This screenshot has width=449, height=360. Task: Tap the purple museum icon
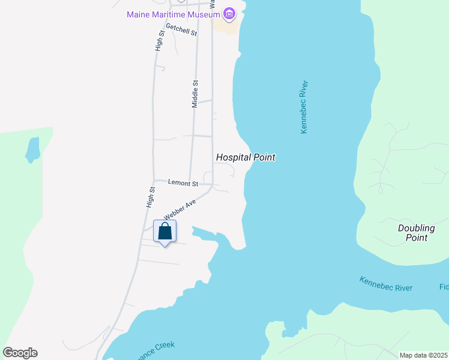pyautogui.click(x=229, y=13)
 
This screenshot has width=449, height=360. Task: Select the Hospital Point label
pyautogui.click(x=246, y=157)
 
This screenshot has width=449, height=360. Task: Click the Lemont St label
pyautogui.click(x=183, y=183)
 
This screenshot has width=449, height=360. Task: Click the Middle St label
pyautogui.click(x=194, y=94)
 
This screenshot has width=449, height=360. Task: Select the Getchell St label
pyautogui.click(x=181, y=29)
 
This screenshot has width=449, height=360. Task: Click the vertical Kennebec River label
pyautogui.click(x=304, y=107)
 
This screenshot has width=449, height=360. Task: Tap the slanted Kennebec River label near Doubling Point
pyautogui.click(x=386, y=284)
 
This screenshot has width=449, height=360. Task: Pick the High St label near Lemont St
pyautogui.click(x=151, y=197)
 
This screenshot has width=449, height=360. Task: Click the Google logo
pyautogui.click(x=20, y=353)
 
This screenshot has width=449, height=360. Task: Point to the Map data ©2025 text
pyautogui.click(x=423, y=355)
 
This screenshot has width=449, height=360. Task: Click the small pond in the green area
pyautogui.click(x=32, y=149)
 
